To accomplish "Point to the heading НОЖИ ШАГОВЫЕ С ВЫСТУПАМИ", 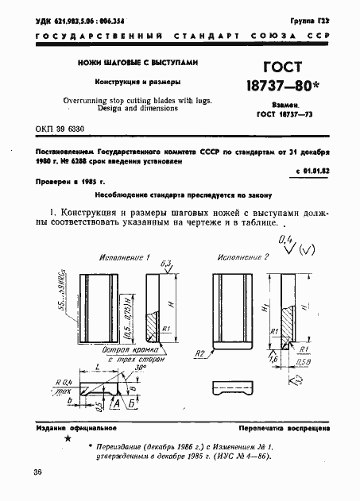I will click(x=136, y=63).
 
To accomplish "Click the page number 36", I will click(x=38, y=473).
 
